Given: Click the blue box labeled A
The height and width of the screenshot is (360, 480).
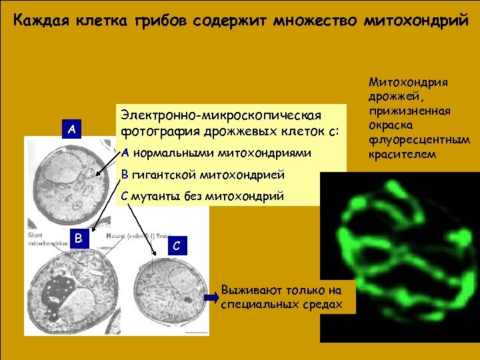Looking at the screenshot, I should coord(71,129).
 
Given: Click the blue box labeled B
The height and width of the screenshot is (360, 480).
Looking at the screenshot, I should coord(78,238).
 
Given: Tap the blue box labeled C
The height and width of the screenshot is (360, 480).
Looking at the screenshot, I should coord(175,245).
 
